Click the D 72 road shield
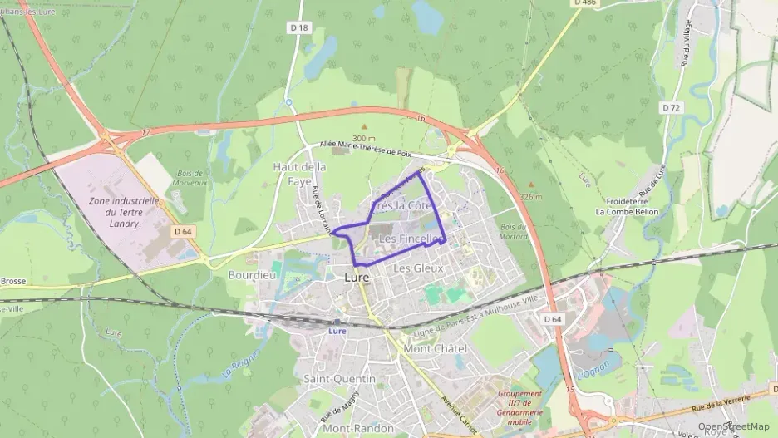[x=671, y=108]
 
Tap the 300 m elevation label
[x=363, y=137]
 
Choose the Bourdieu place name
[x=251, y=273]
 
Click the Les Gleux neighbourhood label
[x=418, y=268]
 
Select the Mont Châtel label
[x=434, y=348]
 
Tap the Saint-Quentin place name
[x=339, y=379]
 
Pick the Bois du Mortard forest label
[x=515, y=231]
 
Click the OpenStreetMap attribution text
[x=734, y=426]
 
